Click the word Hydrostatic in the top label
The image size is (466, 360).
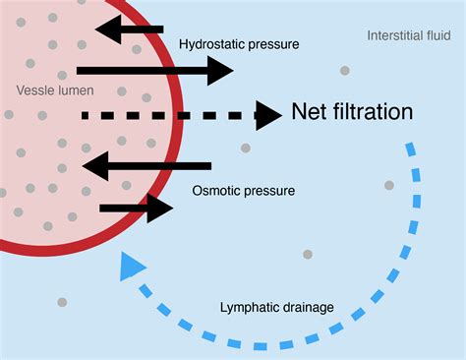209,44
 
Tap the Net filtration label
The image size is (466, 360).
352,112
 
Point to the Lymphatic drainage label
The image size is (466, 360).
276,308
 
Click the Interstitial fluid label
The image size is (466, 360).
409,35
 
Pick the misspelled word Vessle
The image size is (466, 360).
35,90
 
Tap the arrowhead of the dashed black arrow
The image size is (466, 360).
268,115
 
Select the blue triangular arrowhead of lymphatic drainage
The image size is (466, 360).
131,266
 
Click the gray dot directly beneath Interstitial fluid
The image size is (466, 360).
344,71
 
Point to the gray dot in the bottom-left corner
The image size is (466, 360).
62,302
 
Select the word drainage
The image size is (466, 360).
306,308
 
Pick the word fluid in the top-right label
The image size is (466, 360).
437,35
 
